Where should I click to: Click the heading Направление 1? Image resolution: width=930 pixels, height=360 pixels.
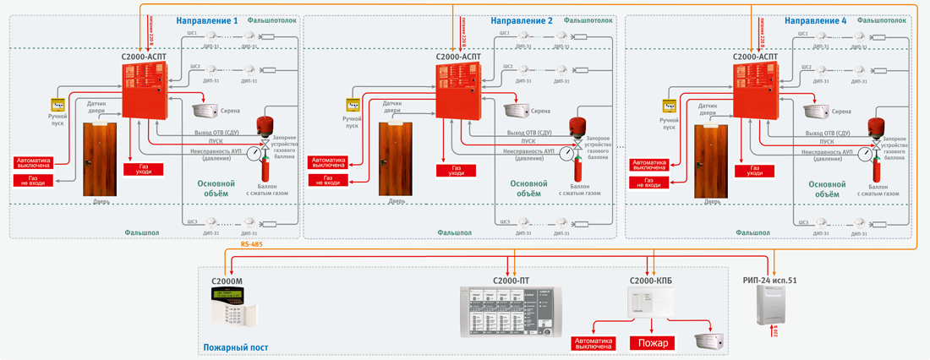[207, 20]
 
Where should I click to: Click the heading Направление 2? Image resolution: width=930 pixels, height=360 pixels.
[522, 20]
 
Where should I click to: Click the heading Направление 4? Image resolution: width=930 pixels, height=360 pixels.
[815, 20]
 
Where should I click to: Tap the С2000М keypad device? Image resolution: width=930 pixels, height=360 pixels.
[232, 306]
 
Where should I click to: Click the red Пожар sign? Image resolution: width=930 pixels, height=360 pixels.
[653, 343]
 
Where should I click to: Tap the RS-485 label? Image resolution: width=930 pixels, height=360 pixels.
[252, 244]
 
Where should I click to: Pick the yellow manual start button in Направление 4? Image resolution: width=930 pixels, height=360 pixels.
[669, 106]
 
